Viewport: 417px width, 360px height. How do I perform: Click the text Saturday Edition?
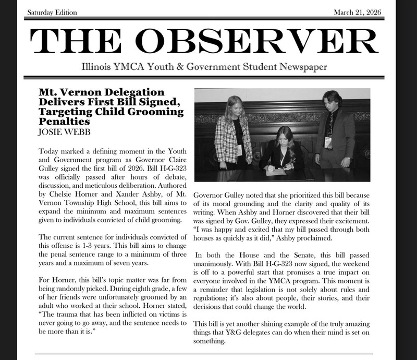coord(52,12)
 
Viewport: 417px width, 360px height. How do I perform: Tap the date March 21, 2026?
coord(361,12)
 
